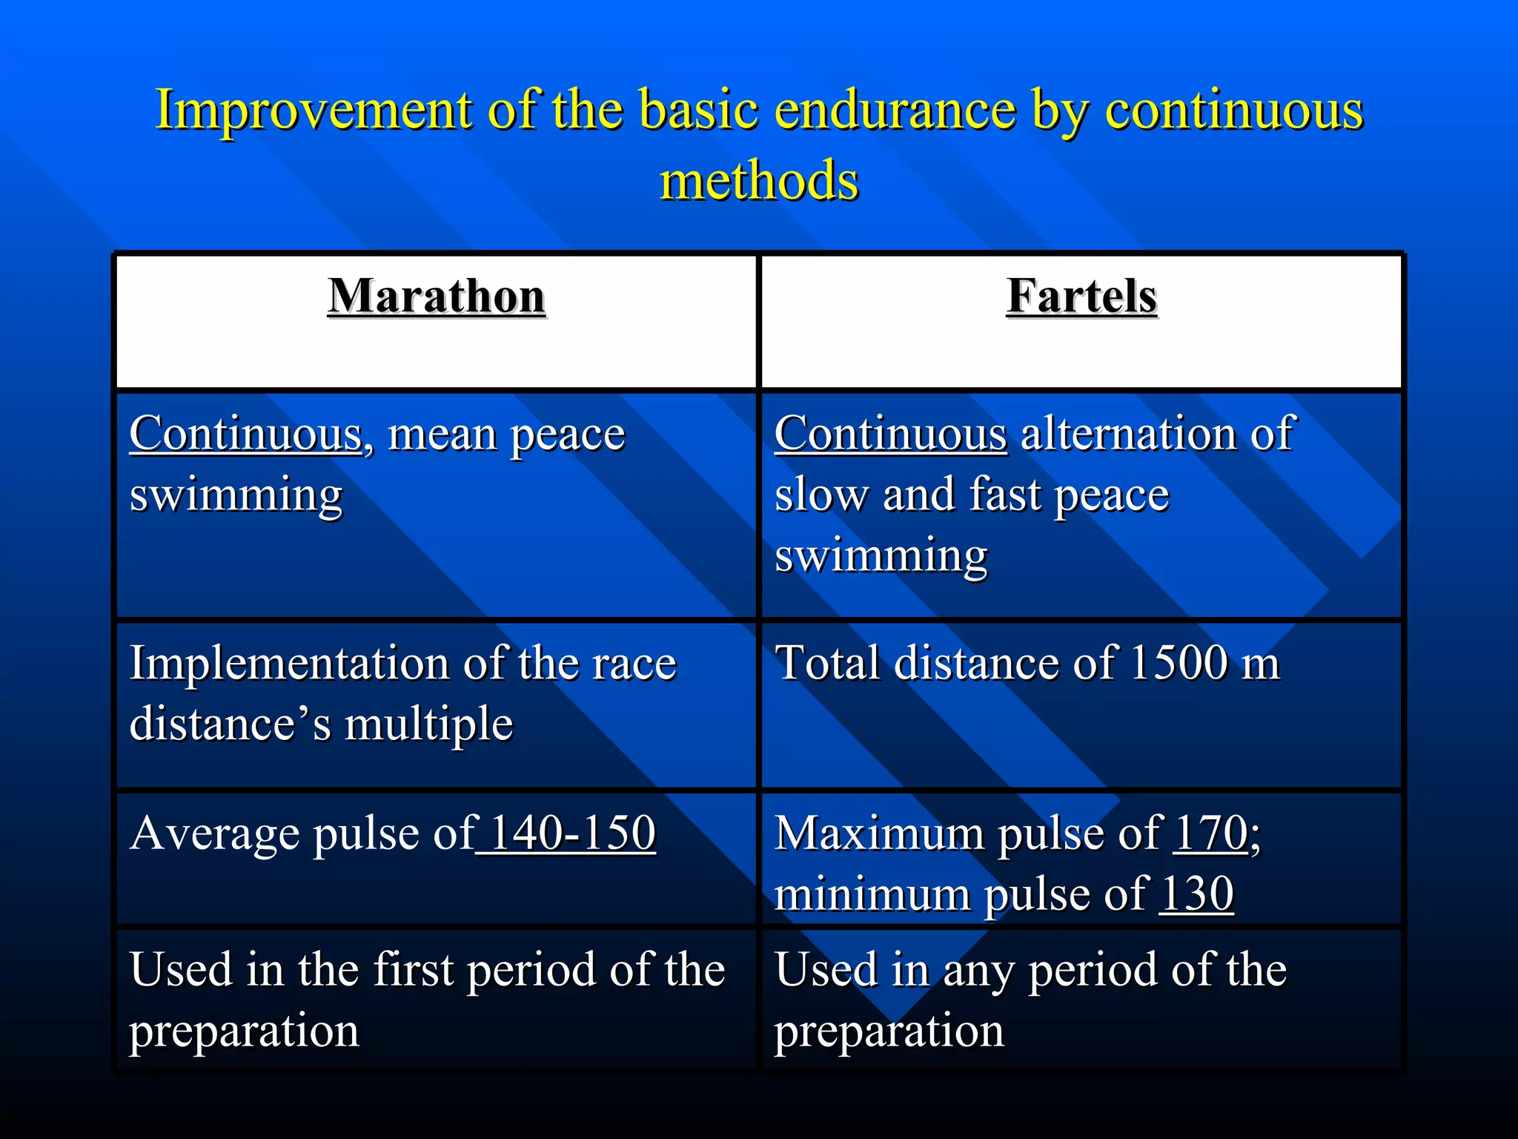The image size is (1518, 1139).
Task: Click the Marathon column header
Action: point(437,297)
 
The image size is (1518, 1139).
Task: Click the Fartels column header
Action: point(1081,297)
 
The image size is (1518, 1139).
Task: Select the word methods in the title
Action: point(759,182)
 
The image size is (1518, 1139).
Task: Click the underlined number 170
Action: point(1210,833)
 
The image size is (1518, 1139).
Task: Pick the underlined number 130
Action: point(1196,894)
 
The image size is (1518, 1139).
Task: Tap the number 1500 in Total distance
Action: point(1179,662)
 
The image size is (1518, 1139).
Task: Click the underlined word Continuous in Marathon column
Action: point(245,434)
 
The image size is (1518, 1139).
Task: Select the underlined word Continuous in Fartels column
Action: point(890,434)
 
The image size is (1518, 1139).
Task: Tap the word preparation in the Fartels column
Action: point(889,1031)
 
